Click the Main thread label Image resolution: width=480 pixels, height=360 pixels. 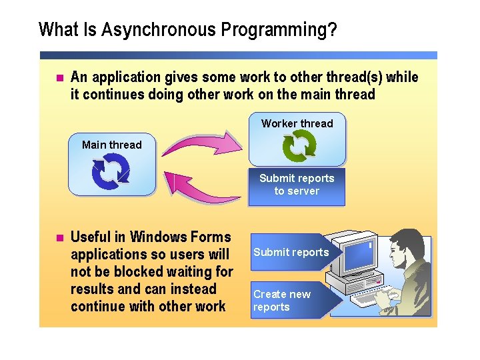coord(111,145)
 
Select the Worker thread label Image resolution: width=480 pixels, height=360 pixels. coord(297,123)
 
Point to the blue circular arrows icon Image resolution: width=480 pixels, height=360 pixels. coord(110,171)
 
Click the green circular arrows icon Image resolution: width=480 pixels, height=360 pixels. coord(299,147)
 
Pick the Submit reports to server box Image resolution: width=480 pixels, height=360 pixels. coord(297,185)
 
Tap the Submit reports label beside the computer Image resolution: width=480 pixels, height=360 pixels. coord(291,252)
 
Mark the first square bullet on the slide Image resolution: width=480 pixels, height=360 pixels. coord(58,78)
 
